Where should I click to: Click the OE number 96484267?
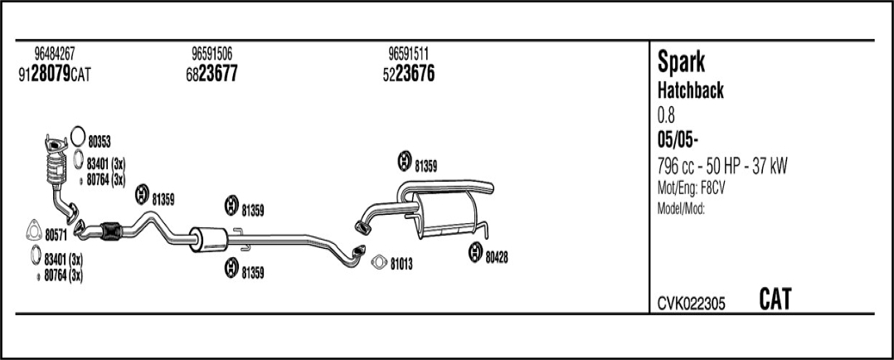pos(55,54)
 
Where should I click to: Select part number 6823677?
pos(211,74)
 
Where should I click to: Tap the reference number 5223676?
pos(408,74)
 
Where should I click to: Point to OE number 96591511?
pos(408,54)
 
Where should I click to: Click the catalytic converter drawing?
pos(56,163)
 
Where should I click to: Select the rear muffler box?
pos(445,215)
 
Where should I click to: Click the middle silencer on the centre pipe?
pos(208,238)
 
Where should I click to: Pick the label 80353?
pos(100,143)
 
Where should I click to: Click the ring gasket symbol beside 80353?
pos(78,136)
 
